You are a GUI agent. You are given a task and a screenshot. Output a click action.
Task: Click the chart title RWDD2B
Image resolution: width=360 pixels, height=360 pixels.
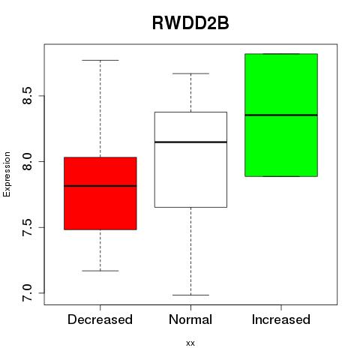190,23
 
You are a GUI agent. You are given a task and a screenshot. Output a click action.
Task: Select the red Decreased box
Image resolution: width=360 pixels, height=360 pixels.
100,193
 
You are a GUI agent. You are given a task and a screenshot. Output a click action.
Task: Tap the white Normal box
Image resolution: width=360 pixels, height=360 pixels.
190,160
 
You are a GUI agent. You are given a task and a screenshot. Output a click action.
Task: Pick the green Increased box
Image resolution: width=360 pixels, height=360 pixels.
281,115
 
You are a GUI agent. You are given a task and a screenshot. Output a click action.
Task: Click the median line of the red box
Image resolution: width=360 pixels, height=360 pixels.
100,186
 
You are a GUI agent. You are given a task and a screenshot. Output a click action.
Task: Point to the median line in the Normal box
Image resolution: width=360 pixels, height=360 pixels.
190,142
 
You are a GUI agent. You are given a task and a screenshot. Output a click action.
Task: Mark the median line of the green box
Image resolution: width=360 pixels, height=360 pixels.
281,115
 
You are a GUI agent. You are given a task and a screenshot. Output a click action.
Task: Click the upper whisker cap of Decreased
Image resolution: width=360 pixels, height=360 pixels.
100,60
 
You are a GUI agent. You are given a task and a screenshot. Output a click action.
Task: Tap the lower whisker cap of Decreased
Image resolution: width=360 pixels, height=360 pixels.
100,271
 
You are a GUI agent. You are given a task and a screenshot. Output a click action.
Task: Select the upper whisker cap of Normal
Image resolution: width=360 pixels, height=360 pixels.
190,73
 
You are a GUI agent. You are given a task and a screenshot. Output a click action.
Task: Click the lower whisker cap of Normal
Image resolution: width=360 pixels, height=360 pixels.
190,295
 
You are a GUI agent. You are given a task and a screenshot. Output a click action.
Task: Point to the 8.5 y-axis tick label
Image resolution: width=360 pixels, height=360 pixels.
27,96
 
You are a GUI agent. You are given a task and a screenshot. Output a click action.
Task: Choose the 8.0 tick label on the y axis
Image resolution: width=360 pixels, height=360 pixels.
27,161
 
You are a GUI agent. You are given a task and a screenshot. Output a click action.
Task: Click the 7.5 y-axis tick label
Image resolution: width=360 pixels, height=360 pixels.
27,227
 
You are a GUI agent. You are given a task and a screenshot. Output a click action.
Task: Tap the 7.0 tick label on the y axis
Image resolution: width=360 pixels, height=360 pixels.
27,292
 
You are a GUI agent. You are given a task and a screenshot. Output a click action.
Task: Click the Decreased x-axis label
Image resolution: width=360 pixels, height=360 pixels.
100,319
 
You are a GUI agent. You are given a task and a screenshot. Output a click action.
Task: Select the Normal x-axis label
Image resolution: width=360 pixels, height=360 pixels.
190,319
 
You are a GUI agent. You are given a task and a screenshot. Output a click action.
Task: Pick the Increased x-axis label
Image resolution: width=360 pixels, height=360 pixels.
281,319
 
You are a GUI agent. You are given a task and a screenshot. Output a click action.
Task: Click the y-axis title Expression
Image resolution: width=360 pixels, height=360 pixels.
7,174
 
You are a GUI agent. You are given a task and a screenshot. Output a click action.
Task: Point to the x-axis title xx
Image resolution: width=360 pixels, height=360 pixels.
190,343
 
